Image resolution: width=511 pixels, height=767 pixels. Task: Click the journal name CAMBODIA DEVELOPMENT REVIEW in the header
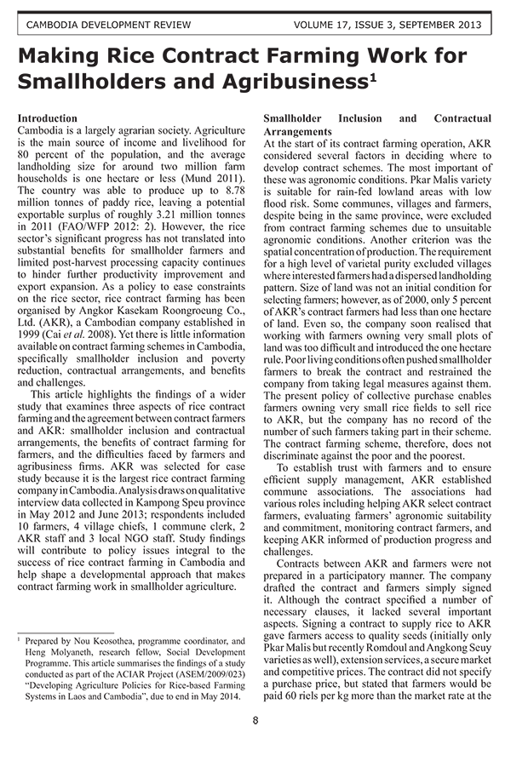pos(109,26)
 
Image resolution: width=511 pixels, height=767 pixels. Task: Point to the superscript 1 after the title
pos(373,77)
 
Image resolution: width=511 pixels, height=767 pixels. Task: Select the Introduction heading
pos(48,118)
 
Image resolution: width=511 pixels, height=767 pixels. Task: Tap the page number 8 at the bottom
pos(255,721)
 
